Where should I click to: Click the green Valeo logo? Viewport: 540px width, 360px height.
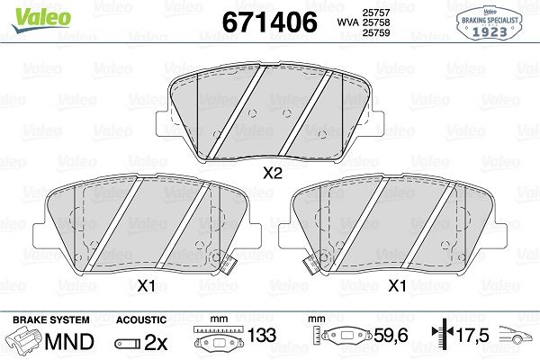pyautogui.click(x=41, y=19)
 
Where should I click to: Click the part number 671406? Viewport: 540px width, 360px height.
pyautogui.click(x=269, y=22)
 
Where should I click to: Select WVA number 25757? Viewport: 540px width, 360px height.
pyautogui.click(x=375, y=13)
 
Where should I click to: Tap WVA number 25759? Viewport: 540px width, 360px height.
pyautogui.click(x=375, y=32)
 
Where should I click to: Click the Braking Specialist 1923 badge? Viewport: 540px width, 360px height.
pyautogui.click(x=489, y=23)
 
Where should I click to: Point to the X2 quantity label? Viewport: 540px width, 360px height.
pyautogui.click(x=273, y=174)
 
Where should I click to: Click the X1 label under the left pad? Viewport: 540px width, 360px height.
pyautogui.click(x=147, y=285)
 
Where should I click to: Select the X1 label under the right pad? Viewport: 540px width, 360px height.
pyautogui.click(x=397, y=285)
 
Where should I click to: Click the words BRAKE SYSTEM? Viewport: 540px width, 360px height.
pyautogui.click(x=51, y=319)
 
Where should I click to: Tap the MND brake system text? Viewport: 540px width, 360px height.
pyautogui.click(x=69, y=341)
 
